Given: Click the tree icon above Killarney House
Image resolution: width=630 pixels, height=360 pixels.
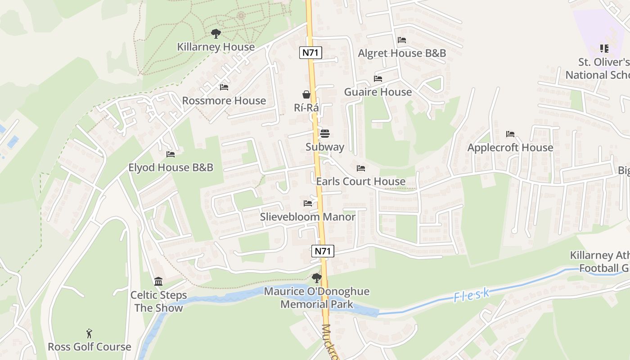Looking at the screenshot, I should (216, 33).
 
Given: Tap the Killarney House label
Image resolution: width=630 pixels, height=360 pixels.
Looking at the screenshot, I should (216, 47).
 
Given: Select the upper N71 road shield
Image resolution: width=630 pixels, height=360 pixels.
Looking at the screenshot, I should (310, 53).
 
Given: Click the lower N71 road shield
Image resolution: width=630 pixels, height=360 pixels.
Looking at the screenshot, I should (323, 251).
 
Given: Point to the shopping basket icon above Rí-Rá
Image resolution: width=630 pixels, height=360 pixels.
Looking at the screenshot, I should (306, 94).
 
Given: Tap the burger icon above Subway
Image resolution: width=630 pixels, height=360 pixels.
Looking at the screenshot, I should (325, 133).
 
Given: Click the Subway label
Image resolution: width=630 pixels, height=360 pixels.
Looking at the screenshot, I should (325, 147).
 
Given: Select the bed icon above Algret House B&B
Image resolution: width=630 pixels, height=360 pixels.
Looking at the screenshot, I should (402, 40).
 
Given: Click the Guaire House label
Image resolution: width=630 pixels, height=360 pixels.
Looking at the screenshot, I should (378, 92).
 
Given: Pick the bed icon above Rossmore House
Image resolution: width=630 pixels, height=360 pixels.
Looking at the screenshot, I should (224, 87).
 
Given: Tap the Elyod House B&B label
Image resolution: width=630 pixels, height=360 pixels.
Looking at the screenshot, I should (171, 167).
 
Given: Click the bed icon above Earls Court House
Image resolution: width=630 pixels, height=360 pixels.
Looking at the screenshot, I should (361, 168).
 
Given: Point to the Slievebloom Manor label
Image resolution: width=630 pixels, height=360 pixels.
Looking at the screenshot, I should (308, 217).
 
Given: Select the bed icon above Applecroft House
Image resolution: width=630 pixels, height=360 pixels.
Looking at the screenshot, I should (510, 134).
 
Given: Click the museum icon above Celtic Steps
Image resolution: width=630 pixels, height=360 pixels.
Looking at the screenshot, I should (158, 282).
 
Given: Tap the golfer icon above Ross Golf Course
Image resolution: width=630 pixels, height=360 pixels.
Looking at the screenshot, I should (90, 333).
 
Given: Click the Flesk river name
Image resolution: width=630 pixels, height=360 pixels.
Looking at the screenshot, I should (471, 295).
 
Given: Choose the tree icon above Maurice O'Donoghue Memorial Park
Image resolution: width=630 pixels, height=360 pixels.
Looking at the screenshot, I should (317, 278).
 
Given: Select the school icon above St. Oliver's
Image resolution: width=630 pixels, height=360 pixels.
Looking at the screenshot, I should (604, 48).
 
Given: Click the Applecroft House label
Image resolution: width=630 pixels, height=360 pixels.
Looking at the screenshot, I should (510, 148).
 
